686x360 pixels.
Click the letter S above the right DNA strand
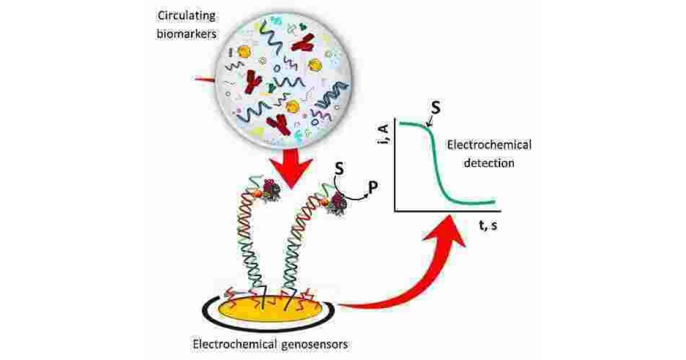[x=338, y=170]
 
